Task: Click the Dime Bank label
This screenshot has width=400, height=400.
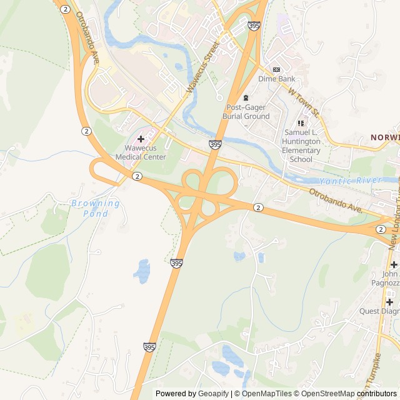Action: [x=277, y=79]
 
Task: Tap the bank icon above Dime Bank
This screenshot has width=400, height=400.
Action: [x=277, y=69]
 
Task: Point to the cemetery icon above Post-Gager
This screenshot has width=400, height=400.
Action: [x=246, y=97]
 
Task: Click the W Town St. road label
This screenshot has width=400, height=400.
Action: [x=304, y=103]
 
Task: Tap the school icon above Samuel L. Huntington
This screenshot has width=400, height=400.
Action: [x=301, y=123]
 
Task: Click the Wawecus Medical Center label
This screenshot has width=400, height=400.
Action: [x=145, y=152]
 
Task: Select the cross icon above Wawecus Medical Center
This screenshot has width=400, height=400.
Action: [x=141, y=138]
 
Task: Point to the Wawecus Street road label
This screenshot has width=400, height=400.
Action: [x=202, y=67]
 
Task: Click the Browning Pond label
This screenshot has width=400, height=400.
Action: [x=96, y=208]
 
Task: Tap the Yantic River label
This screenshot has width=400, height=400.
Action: [x=341, y=181]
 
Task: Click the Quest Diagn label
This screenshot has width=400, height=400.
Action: [x=379, y=311]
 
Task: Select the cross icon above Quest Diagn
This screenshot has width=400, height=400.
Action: [x=389, y=301]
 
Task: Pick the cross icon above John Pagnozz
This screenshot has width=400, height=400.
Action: [x=394, y=264]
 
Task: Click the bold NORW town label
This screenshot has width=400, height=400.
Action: [x=384, y=137]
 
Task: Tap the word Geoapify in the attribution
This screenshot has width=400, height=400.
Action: [x=214, y=394]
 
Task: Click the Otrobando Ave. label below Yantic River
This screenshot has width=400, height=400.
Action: [x=336, y=199]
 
